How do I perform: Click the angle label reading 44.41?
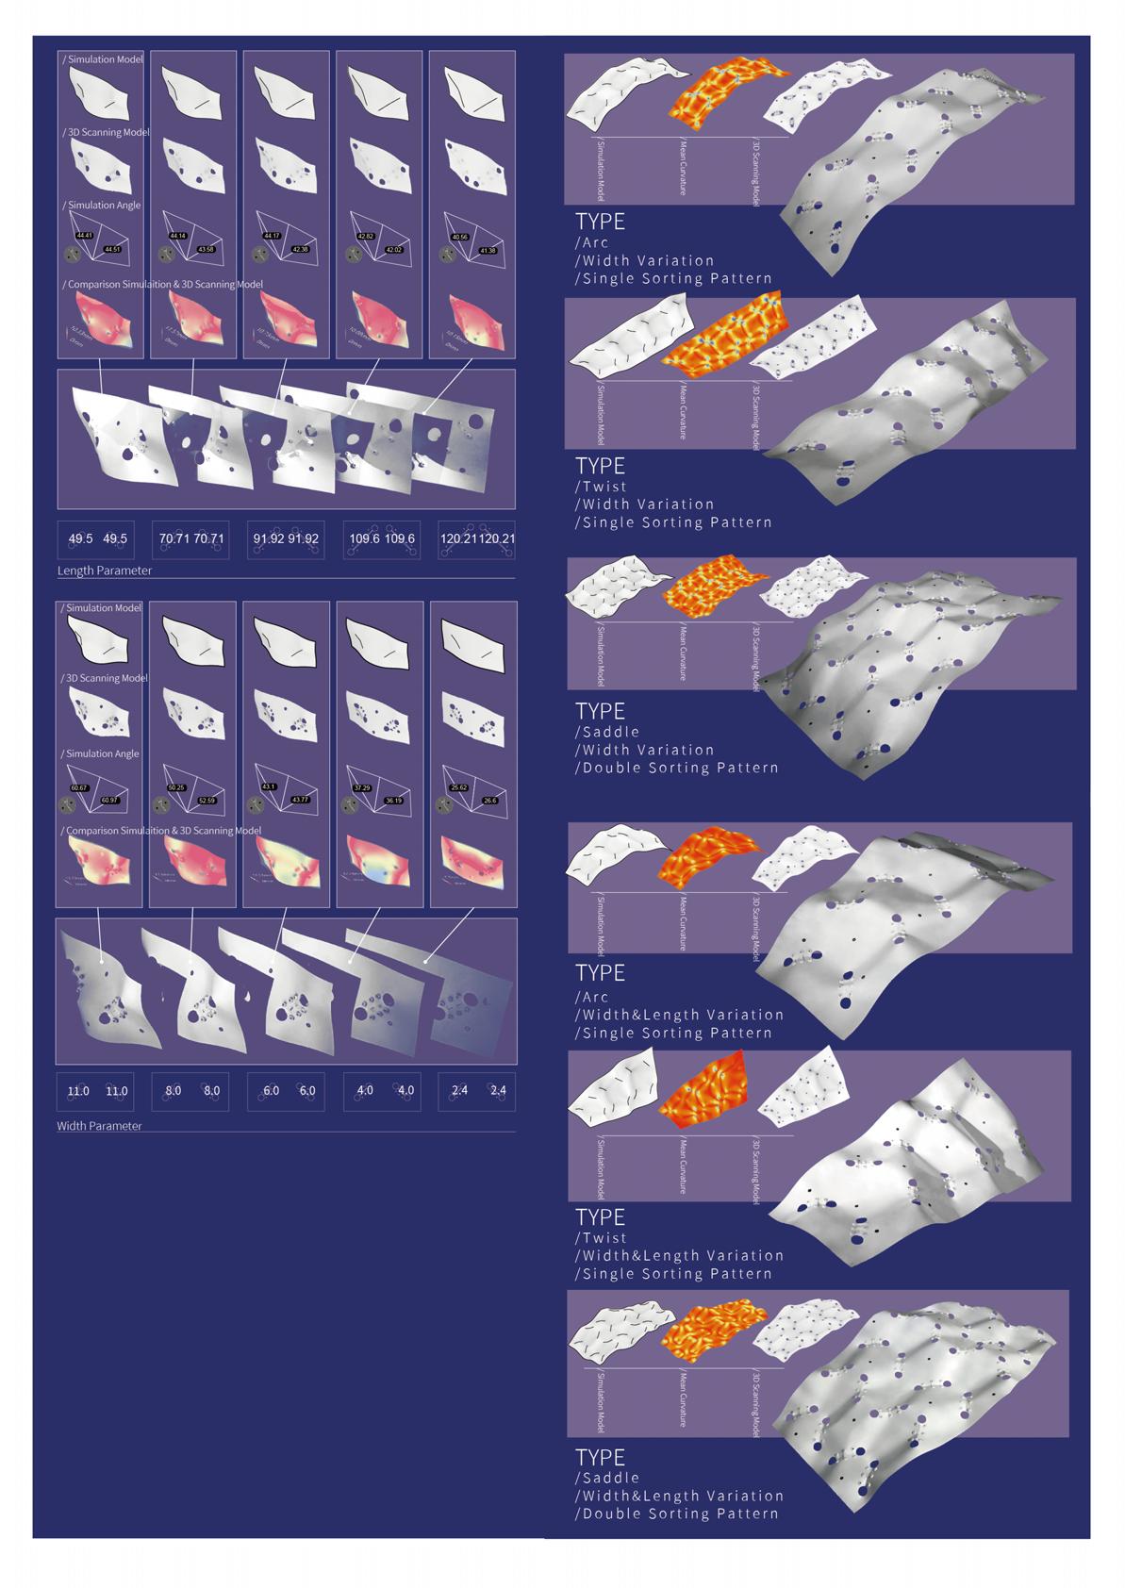[x=85, y=235]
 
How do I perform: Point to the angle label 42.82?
[x=365, y=236]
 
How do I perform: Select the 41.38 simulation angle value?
[x=488, y=250]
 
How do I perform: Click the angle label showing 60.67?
[x=79, y=787]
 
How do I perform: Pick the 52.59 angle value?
[x=206, y=801]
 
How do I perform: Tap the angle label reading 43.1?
[x=269, y=786]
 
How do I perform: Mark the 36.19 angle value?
[x=393, y=801]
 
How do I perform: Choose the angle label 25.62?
[x=459, y=786]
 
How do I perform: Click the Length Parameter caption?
[x=105, y=571]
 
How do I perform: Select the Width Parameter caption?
[x=99, y=1126]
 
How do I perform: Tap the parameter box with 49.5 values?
[x=97, y=539]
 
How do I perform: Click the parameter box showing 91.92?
[x=286, y=539]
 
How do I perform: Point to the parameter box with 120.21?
[x=477, y=539]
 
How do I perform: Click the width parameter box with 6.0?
[x=288, y=1091]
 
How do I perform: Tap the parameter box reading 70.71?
[x=191, y=539]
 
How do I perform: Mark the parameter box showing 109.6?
[x=382, y=539]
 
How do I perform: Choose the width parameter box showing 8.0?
[x=191, y=1091]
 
